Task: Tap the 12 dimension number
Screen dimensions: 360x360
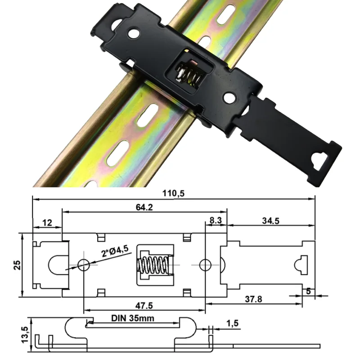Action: [x=47, y=223]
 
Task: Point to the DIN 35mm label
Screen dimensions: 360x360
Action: [x=133, y=319]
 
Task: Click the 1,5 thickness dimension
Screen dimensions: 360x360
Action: [x=232, y=323]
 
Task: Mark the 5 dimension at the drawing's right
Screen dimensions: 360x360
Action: [x=308, y=291]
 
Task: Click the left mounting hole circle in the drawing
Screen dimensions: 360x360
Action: [x=83, y=265]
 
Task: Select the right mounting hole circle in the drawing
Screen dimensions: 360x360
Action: [x=205, y=265]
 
